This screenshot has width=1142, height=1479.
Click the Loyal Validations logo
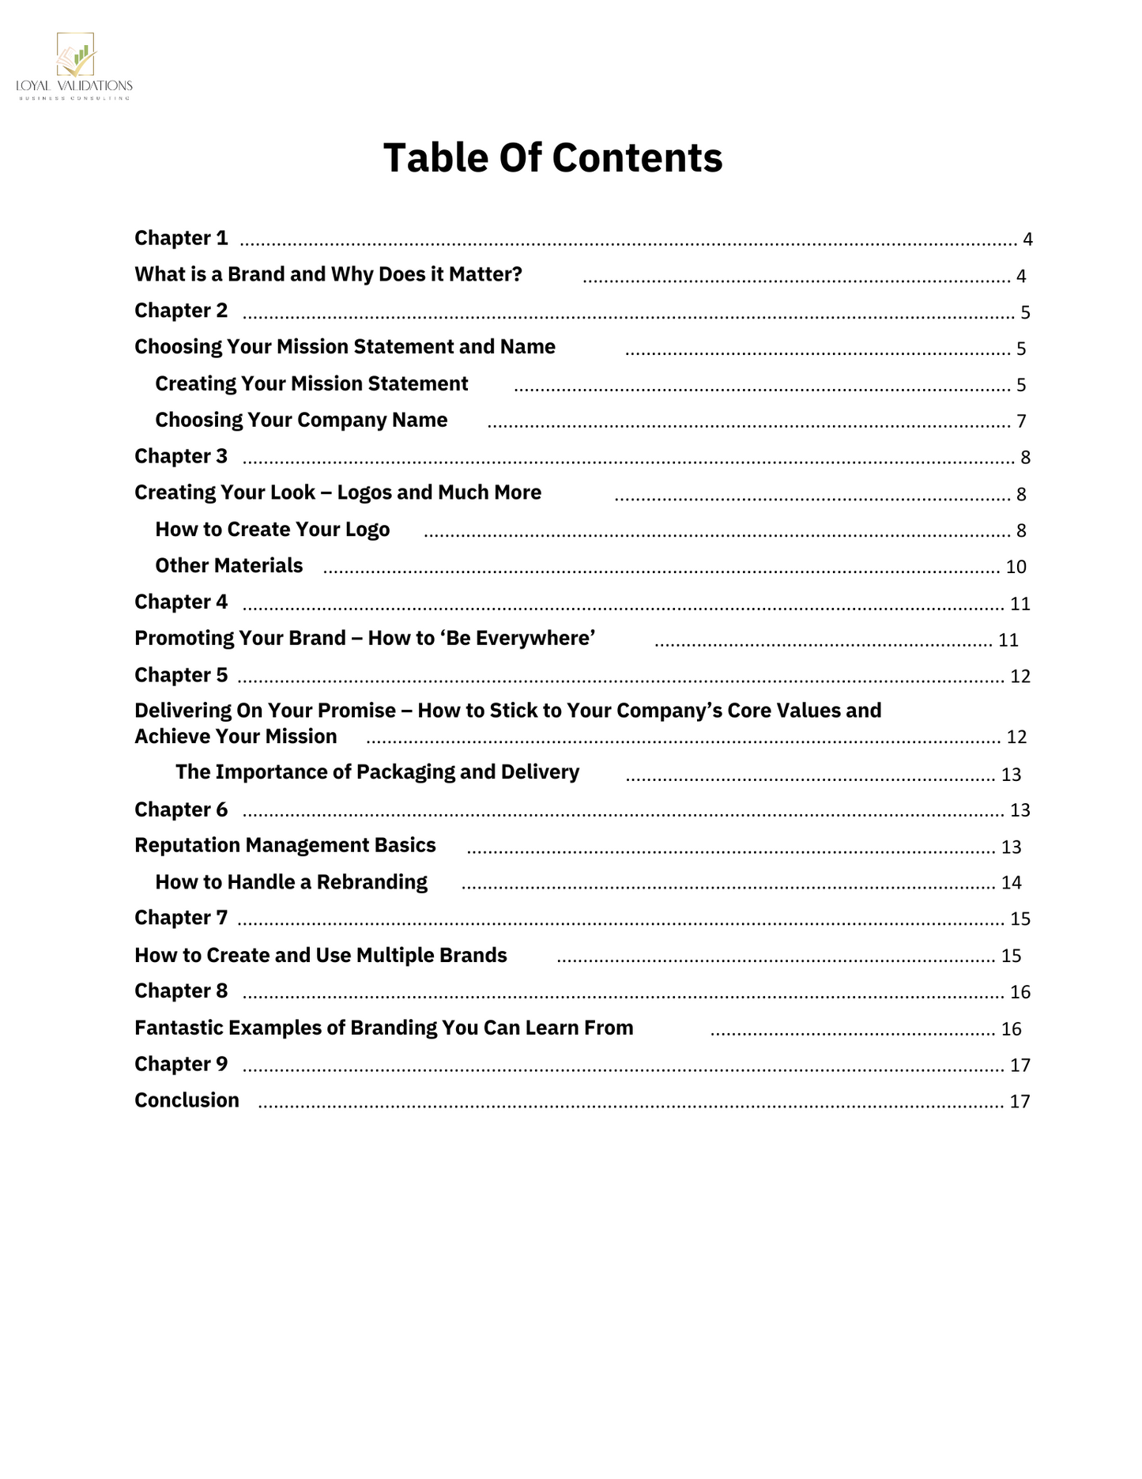tap(74, 66)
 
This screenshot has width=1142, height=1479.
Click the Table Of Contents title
tap(552, 157)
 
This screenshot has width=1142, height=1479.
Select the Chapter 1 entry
tap(181, 238)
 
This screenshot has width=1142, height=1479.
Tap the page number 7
tap(1021, 421)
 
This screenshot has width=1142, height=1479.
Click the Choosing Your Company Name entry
tap(301, 420)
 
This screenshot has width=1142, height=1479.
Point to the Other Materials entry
tap(228, 565)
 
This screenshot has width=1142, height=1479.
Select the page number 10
tap(1016, 567)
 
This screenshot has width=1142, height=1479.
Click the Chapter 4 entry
tap(181, 602)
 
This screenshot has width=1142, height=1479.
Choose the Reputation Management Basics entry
tap(285, 845)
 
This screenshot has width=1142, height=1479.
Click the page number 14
tap(1011, 883)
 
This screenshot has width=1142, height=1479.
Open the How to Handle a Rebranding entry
tap(291, 881)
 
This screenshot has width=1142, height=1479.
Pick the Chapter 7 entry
tap(181, 917)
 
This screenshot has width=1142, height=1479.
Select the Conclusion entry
tap(187, 1100)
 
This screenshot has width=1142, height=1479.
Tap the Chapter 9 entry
tap(181, 1064)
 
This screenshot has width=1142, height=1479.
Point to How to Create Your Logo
tap(272, 529)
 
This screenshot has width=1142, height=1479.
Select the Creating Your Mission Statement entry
tap(311, 383)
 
